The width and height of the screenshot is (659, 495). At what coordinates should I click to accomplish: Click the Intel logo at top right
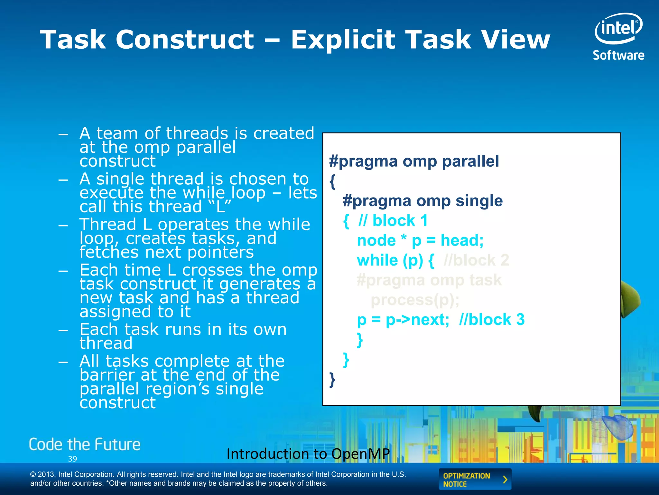click(618, 28)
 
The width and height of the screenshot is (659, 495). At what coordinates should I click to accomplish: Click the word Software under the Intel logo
click(618, 55)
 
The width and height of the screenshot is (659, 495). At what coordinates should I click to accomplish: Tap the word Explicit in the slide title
click(343, 40)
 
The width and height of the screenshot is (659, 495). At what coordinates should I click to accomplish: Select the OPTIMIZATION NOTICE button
click(475, 480)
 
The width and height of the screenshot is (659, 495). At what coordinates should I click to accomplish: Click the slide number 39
click(72, 459)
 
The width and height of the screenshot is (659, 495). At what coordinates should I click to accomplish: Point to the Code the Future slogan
click(85, 444)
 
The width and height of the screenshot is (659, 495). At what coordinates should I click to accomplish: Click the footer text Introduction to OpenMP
click(308, 454)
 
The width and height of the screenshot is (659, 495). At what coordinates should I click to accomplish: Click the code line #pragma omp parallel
click(414, 161)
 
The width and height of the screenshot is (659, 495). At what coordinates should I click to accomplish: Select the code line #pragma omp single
click(422, 201)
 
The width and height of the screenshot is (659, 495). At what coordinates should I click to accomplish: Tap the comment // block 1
click(393, 221)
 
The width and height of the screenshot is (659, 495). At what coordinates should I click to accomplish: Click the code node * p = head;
click(420, 240)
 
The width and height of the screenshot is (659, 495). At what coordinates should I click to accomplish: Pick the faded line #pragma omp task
click(429, 280)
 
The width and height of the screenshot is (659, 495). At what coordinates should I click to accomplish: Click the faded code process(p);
click(415, 300)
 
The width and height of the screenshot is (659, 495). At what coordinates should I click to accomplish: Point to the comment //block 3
click(491, 320)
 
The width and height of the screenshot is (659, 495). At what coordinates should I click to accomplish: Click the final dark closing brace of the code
click(332, 380)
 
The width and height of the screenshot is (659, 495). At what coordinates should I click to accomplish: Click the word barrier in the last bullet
click(107, 375)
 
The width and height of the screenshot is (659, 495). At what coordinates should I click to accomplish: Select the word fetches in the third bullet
click(108, 252)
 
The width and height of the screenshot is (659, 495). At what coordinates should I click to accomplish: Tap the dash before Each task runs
click(63, 330)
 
